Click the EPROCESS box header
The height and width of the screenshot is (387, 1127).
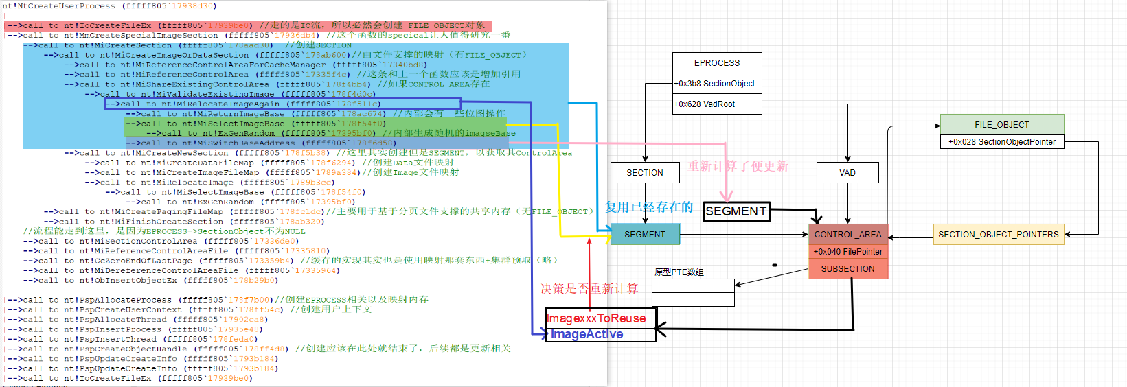coord(717,62)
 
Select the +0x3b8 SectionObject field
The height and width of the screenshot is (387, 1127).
coord(717,83)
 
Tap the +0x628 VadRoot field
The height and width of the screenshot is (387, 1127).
coord(717,104)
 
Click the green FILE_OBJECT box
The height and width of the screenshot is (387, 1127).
coord(1001,124)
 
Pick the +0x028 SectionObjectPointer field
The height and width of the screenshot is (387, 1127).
coord(1001,142)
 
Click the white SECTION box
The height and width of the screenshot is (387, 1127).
coord(644,173)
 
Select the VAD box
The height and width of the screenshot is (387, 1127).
coord(847,173)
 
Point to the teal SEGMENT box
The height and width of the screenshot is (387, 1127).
coord(644,235)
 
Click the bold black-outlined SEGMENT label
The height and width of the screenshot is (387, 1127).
coord(736,211)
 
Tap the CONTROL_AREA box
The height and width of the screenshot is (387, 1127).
coord(847,235)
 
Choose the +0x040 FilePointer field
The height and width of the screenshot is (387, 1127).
coord(847,252)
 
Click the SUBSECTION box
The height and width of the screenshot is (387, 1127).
coord(847,269)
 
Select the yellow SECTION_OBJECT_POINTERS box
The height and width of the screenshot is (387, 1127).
coord(998,235)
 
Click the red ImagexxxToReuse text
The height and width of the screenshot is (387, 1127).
coord(596,318)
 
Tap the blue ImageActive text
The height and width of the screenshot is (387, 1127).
coord(587,334)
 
